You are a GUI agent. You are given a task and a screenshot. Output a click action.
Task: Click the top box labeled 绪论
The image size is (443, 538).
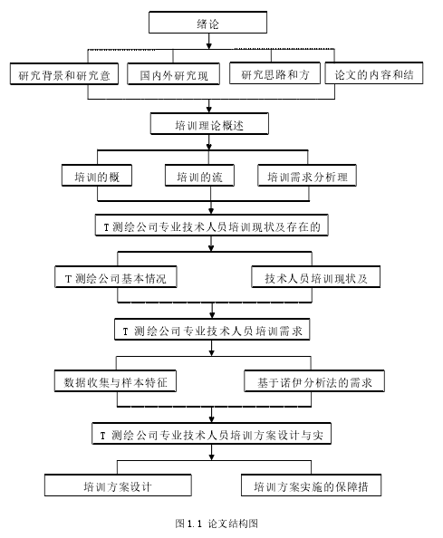coord(207,23)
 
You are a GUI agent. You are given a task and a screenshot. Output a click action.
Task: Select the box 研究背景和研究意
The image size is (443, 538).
coord(64,73)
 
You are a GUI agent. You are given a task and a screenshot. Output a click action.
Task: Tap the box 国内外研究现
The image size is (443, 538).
coord(173,73)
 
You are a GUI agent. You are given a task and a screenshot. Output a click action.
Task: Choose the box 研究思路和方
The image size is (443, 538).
coord(274,73)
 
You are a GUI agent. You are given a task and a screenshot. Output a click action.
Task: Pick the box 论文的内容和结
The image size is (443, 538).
coord(373,73)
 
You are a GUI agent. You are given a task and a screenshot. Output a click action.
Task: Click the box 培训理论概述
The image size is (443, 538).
coord(209,123)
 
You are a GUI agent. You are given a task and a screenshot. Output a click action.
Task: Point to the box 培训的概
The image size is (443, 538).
coord(97,176)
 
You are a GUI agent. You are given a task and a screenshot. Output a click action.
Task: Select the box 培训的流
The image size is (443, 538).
coord(199,176)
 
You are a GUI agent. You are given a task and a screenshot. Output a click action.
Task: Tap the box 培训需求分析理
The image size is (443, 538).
coord(307,176)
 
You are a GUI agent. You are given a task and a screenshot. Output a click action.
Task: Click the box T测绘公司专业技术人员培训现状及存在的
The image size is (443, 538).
coord(211,226)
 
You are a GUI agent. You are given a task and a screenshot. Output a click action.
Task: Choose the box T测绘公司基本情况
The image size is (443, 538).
coord(116,276)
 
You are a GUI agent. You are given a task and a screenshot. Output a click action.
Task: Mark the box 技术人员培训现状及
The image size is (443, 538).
coord(315,276)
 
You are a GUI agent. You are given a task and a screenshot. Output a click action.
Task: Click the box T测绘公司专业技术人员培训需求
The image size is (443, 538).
coord(212,330)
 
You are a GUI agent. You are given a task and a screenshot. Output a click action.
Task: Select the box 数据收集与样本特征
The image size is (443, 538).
coord(115,380)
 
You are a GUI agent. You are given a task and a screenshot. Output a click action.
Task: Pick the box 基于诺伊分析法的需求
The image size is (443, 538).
coord(314,380)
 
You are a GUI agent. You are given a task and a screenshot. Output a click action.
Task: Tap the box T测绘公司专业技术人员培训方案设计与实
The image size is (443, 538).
coord(211,434)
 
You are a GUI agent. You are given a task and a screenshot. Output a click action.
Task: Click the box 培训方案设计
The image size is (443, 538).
coord(118,485)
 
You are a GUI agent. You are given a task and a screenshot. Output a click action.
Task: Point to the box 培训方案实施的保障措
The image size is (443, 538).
coord(311,485)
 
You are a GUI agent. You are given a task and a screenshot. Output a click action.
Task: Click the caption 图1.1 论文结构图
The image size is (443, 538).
coord(217,524)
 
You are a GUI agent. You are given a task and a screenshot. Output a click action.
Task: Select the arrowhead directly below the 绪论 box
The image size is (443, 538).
coord(208,45)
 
